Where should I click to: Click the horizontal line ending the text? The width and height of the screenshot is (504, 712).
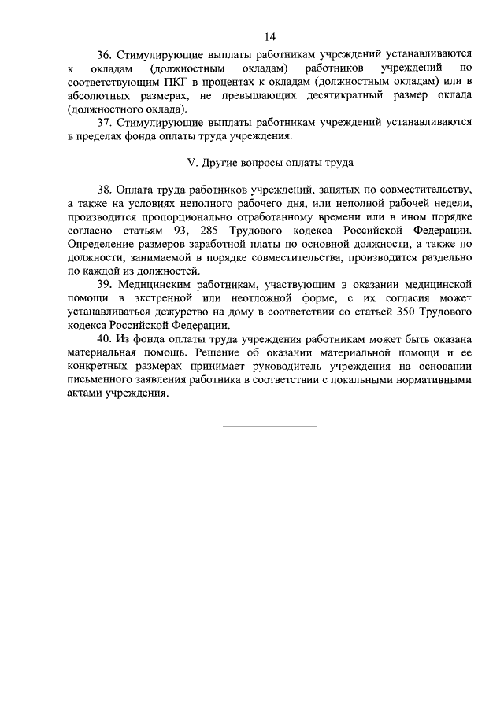(269, 426)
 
